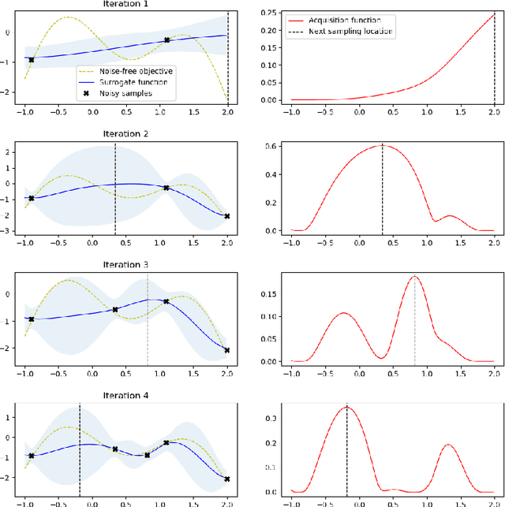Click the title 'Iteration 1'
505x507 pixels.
coord(125,4)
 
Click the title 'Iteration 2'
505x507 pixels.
coord(125,133)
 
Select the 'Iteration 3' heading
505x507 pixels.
coord(125,264)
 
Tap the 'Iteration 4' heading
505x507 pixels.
coord(125,395)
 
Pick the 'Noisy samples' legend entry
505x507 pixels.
coord(127,93)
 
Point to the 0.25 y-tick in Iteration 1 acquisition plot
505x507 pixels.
coord(271,13)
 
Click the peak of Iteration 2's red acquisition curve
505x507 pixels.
coord(383,145)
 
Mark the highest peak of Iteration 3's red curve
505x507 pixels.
coord(414,276)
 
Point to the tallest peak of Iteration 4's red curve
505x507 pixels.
coord(347,408)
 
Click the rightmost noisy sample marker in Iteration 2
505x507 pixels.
coord(227,216)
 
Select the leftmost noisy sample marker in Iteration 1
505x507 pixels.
coord(32,60)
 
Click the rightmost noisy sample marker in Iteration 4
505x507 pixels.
coord(227,479)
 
